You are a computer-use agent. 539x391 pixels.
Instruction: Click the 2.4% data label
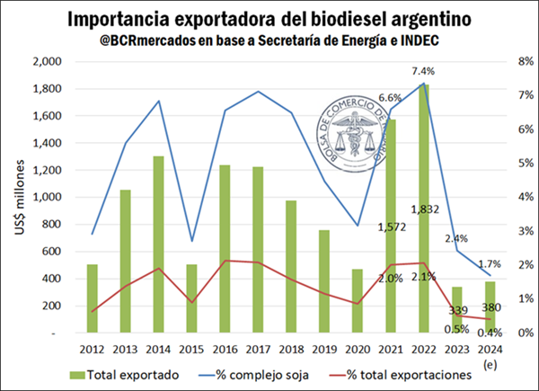(457, 238)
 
